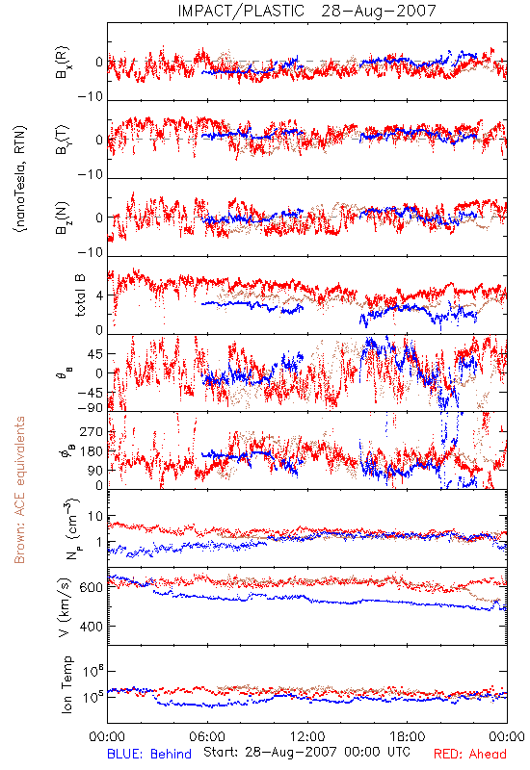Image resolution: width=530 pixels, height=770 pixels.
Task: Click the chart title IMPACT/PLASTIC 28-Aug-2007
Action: coord(306,11)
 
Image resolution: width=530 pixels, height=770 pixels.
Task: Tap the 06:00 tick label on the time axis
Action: coord(207,736)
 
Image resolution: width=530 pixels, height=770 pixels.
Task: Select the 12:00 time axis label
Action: coord(307,736)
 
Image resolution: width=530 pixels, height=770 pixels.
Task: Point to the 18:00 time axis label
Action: coord(408,736)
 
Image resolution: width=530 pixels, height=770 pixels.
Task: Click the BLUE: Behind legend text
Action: coord(149,754)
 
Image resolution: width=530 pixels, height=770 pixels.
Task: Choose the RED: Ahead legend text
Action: coord(470,754)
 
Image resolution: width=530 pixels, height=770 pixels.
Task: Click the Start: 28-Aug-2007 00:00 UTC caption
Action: coord(306,752)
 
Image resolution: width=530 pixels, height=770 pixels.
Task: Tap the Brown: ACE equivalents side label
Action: coord(19,490)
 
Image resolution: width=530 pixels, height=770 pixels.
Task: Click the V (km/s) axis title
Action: coord(65,607)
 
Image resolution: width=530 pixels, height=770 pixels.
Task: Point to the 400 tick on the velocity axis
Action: coord(93,627)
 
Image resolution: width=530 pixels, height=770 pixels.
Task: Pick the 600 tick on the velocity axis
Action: coord(93,587)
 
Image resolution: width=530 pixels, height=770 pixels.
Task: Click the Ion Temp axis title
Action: coord(66,684)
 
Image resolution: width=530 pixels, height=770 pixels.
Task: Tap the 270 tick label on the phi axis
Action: coord(93,431)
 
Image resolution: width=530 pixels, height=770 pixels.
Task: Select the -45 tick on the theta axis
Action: coord(91,393)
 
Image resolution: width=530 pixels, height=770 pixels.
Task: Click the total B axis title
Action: coord(80,295)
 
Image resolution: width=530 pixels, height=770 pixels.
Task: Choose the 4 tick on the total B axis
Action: coord(100,295)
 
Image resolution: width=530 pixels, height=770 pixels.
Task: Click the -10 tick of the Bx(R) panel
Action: coord(91,96)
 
